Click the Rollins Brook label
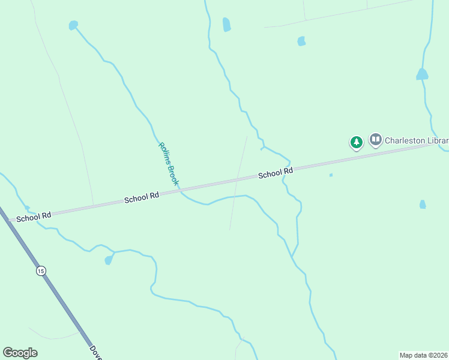(169, 163)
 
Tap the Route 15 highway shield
(40, 271)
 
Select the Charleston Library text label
(416, 141)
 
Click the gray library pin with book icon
(376, 140)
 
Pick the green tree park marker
(357, 142)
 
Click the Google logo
(20, 353)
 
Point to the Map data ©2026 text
(423, 355)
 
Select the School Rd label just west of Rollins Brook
(142, 197)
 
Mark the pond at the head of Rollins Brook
(73, 25)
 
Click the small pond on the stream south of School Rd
(109, 260)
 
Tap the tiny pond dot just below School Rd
(331, 175)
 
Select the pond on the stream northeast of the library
(422, 74)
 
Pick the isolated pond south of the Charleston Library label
(423, 205)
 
